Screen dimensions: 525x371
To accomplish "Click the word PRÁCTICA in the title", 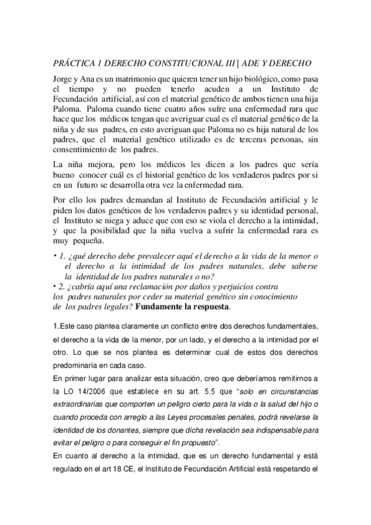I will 72,64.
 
